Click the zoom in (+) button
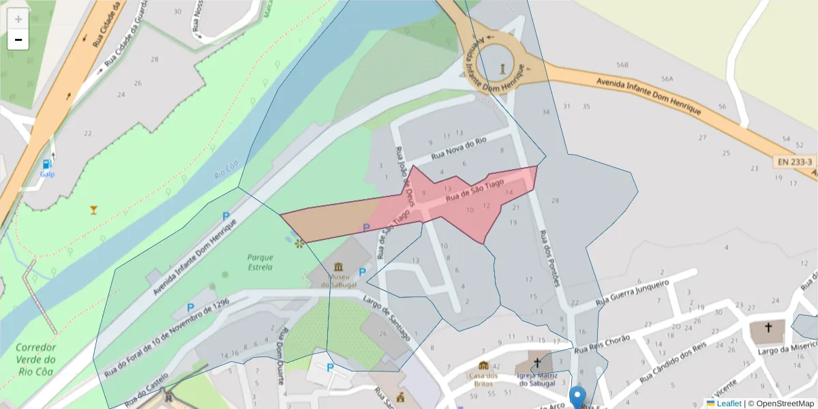point(18,19)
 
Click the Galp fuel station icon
point(46,164)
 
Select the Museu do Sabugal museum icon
point(339,266)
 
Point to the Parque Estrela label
point(260,262)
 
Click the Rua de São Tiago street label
point(474,190)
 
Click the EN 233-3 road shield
point(795,162)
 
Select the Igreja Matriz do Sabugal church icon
point(537,362)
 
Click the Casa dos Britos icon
point(484,365)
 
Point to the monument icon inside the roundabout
point(502,67)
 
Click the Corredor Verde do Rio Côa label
point(35,359)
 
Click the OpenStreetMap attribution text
point(785,404)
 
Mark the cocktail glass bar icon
point(93,209)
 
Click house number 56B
point(622,65)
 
